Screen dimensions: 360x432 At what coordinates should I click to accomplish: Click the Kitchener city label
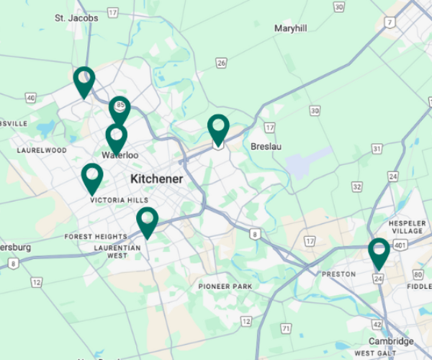156,179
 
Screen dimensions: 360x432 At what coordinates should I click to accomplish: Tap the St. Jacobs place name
76,17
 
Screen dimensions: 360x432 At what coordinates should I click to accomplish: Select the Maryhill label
290,28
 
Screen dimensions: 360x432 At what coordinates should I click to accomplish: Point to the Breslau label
266,146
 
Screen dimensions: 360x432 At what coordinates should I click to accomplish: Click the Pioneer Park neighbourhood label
225,287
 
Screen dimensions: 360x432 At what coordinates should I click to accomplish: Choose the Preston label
338,274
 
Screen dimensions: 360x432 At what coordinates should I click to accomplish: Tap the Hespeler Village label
407,228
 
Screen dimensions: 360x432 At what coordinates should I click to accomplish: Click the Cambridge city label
391,341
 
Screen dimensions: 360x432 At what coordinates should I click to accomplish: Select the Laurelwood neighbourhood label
42,150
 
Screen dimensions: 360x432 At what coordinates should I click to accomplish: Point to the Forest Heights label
95,237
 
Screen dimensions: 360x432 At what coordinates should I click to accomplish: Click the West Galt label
375,354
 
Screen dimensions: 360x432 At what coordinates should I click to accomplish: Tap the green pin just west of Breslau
218,128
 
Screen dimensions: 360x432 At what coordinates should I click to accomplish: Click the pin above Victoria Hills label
92,176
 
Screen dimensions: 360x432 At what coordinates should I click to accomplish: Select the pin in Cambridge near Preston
379,252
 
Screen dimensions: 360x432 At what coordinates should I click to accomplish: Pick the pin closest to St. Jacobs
84,80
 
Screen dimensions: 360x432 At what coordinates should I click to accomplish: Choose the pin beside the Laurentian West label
147,220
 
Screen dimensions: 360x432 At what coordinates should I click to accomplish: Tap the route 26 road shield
221,63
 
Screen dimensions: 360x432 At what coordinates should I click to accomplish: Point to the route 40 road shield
30,97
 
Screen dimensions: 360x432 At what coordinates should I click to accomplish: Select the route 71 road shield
286,329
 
